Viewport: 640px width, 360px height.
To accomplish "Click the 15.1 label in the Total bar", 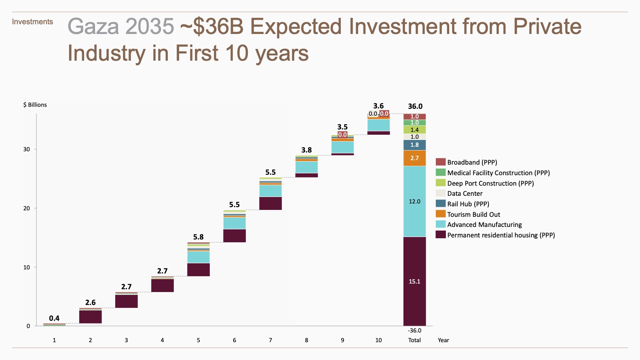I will point(414,282).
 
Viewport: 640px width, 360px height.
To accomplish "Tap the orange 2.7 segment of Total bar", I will point(414,158).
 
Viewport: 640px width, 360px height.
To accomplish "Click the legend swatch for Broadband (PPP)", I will point(440,162).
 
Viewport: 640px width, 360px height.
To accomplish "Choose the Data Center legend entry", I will point(465,194).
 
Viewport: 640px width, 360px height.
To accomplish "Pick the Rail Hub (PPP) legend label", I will point(468,204).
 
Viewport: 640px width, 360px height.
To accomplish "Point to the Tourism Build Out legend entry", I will point(473,214).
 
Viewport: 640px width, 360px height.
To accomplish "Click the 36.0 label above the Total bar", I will point(415,106).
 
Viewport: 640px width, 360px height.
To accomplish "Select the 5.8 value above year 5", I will point(198,237).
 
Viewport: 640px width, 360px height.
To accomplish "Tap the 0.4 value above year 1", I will point(54,318).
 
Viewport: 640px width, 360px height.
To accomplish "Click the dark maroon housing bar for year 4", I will point(162,285).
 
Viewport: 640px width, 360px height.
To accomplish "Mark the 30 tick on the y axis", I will point(27,149).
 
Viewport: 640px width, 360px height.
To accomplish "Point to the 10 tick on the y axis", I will point(27,267).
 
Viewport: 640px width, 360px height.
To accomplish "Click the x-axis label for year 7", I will point(270,340).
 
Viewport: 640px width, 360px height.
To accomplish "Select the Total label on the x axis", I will point(414,340).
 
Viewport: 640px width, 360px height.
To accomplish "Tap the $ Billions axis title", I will point(35,105).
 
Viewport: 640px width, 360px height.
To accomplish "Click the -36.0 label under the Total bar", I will point(414,330).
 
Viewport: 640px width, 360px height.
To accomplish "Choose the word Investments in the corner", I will point(32,22).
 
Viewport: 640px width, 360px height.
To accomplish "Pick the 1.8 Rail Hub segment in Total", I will point(414,145).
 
